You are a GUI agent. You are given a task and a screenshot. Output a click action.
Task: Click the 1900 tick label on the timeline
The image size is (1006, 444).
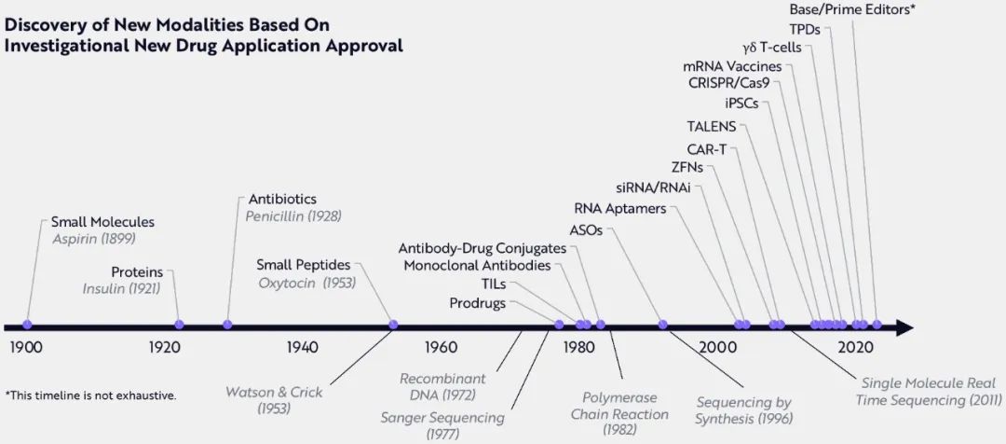(x=27, y=348)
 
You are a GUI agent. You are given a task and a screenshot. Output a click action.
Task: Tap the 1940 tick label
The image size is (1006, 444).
(x=303, y=348)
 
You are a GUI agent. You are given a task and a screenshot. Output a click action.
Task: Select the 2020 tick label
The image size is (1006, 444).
(x=855, y=348)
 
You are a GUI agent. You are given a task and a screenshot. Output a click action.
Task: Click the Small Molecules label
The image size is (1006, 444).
(x=102, y=222)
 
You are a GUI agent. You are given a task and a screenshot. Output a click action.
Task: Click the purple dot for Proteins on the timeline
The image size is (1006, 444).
(x=180, y=325)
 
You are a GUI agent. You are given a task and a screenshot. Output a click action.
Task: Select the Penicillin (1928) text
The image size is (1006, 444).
(x=293, y=216)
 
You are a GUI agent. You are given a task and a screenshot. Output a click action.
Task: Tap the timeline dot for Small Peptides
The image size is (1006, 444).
(x=393, y=325)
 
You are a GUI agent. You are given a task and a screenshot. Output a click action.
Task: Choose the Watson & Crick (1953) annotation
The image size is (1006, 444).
(x=274, y=400)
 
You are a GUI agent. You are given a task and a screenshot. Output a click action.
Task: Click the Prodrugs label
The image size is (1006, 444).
(x=479, y=303)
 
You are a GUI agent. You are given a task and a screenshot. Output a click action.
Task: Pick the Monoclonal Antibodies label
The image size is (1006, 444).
(x=477, y=266)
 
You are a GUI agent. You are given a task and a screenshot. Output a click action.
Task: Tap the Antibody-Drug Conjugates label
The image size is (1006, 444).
(x=482, y=248)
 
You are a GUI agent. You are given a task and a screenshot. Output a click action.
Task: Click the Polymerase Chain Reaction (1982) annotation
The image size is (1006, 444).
(x=619, y=414)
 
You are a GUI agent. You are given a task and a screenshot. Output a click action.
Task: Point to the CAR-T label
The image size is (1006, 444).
(x=706, y=148)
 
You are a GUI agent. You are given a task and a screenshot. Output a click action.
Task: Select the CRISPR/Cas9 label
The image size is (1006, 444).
(x=729, y=82)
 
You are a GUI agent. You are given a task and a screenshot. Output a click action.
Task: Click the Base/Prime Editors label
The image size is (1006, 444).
(x=852, y=9)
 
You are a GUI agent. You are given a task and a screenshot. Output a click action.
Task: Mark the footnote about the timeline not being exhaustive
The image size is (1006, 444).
(x=90, y=395)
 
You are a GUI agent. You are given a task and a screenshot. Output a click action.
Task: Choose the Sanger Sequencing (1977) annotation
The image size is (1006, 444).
(x=442, y=425)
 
